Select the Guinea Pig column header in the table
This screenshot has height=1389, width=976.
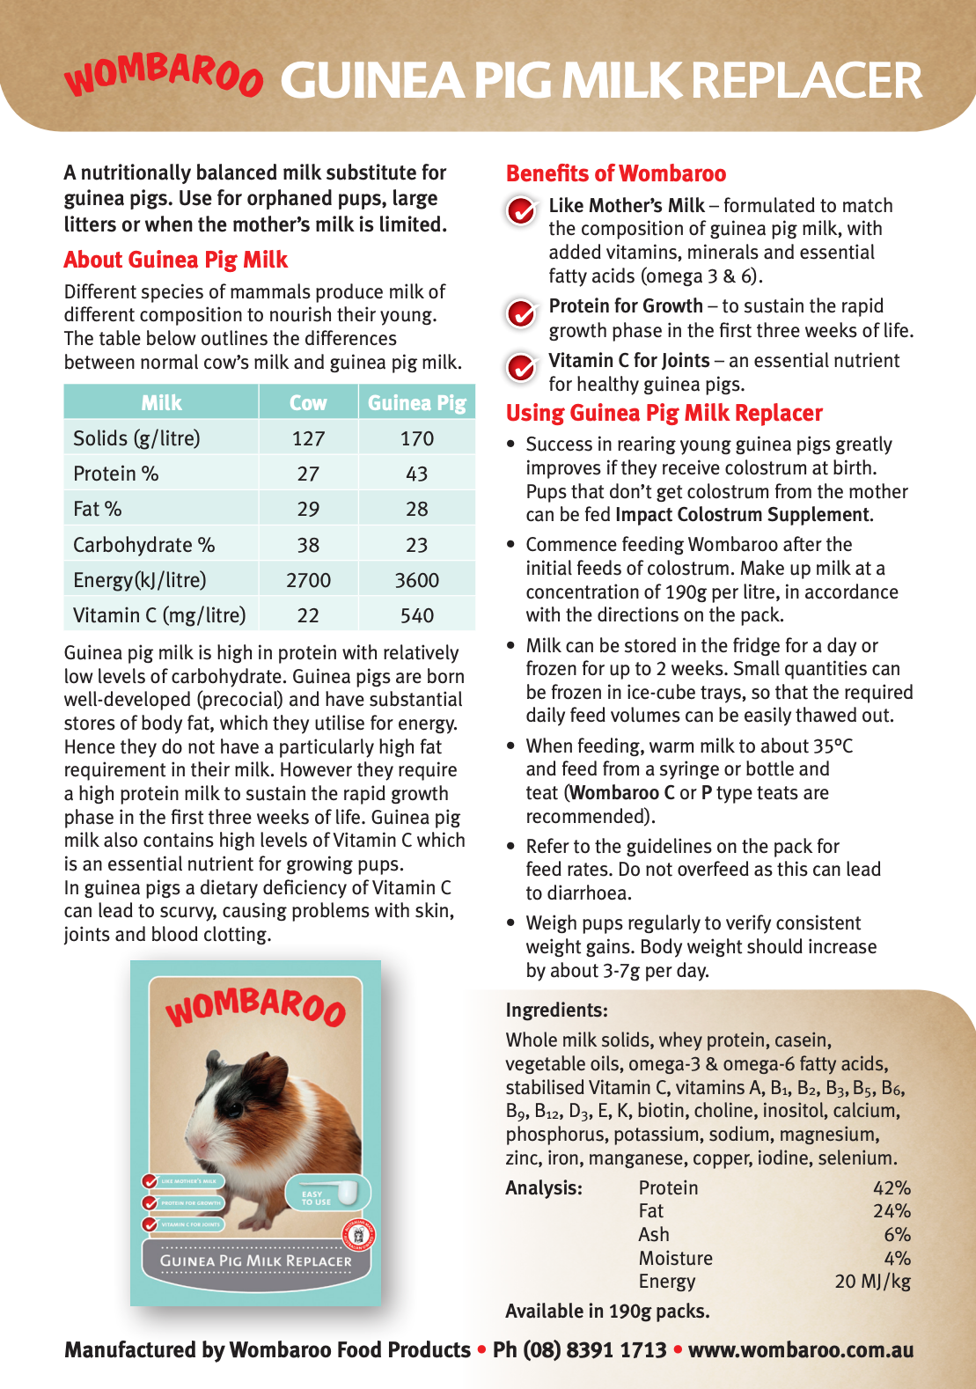tap(416, 402)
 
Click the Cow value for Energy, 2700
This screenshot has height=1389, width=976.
tap(308, 580)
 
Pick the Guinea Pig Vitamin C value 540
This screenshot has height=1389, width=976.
tap(416, 615)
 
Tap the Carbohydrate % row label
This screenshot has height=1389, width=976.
tap(143, 545)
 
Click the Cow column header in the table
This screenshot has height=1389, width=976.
tap(308, 402)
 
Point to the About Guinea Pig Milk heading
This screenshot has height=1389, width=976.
tap(176, 260)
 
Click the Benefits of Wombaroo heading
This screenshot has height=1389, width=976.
tap(616, 173)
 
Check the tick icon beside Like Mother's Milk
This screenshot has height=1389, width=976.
tap(521, 210)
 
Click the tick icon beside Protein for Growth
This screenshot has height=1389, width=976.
tap(521, 312)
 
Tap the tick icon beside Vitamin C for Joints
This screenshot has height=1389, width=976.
tap(521, 367)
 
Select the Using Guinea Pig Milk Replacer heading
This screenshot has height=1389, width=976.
tap(664, 413)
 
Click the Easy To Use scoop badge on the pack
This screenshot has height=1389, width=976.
tap(328, 1195)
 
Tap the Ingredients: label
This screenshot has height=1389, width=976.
tap(556, 1011)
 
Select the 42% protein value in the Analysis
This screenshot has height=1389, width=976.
tap(892, 1188)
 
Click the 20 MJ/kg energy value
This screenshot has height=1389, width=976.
tap(872, 1282)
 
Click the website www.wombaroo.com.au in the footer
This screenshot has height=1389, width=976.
tap(801, 1350)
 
